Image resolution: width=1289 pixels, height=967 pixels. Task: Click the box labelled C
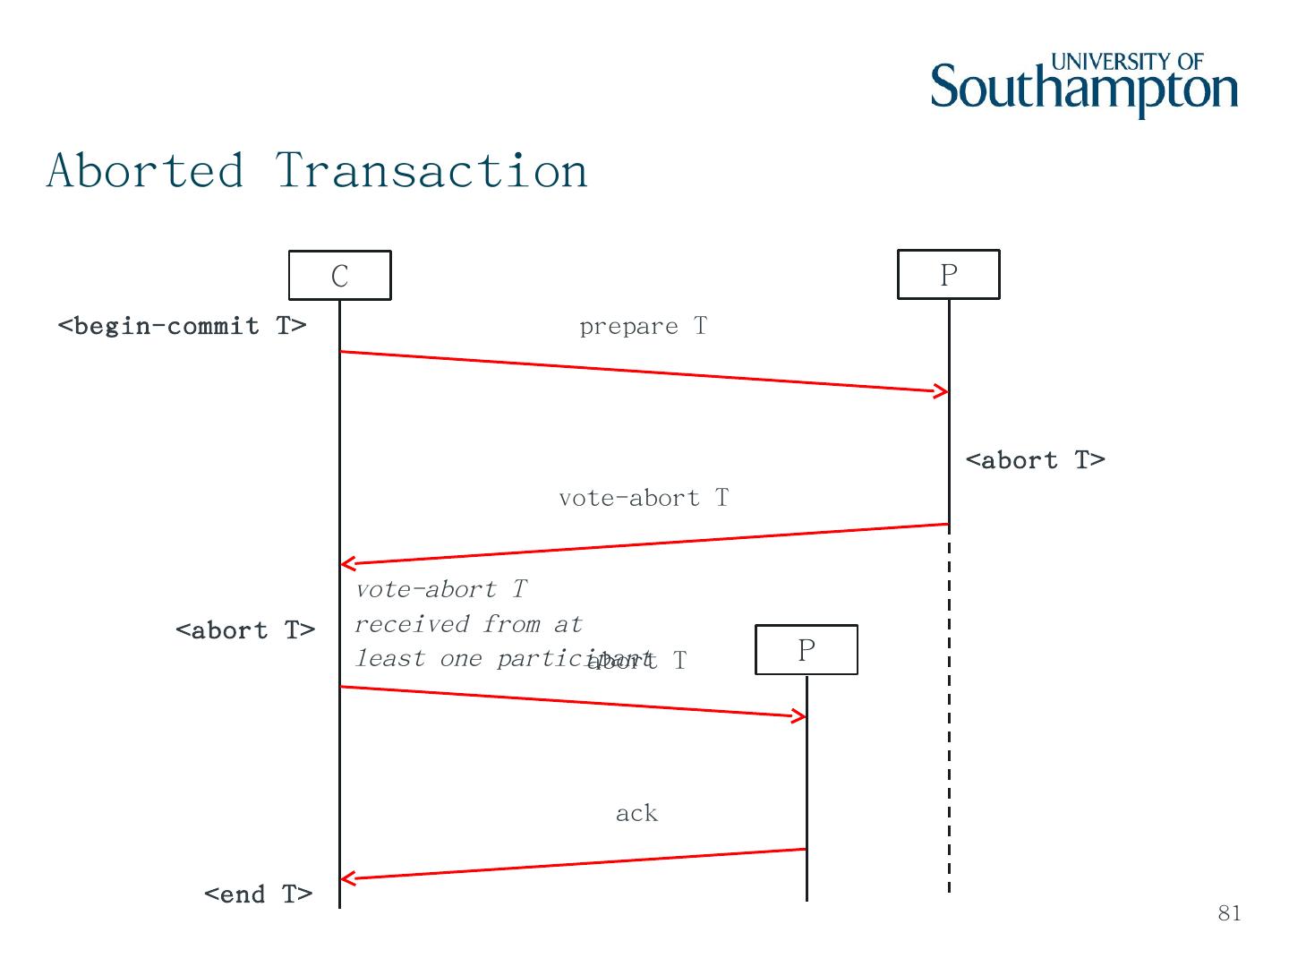[x=339, y=275]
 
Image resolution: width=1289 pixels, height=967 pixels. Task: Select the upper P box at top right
[x=948, y=274]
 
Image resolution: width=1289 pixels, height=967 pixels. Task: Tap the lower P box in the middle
[x=806, y=649]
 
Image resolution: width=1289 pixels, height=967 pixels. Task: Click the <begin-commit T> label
[x=182, y=326]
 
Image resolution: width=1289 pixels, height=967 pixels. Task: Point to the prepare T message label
[x=643, y=327]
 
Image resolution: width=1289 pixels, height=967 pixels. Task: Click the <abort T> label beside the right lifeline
[x=1035, y=460]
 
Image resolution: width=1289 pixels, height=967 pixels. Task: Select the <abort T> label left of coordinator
[x=245, y=630]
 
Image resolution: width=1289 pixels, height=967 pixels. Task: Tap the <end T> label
[x=258, y=894]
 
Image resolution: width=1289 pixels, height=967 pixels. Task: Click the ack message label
[x=636, y=813]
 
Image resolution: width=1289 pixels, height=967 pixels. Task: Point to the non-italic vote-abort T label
[x=643, y=498]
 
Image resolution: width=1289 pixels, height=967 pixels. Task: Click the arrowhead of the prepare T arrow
[x=943, y=391]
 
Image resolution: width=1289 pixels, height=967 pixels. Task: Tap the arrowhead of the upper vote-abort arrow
[x=347, y=563]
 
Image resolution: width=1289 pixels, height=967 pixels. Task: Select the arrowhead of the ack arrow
[x=347, y=878]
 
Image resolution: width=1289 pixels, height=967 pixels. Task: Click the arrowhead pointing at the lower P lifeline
[x=799, y=715]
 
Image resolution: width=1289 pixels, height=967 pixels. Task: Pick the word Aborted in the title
[x=145, y=170]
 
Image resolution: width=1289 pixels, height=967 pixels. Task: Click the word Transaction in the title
[x=431, y=170]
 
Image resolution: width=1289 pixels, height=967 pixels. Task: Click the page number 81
[x=1229, y=913]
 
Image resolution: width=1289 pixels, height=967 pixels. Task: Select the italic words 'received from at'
[x=468, y=624]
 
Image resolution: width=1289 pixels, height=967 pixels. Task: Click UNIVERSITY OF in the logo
[x=1126, y=62]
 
